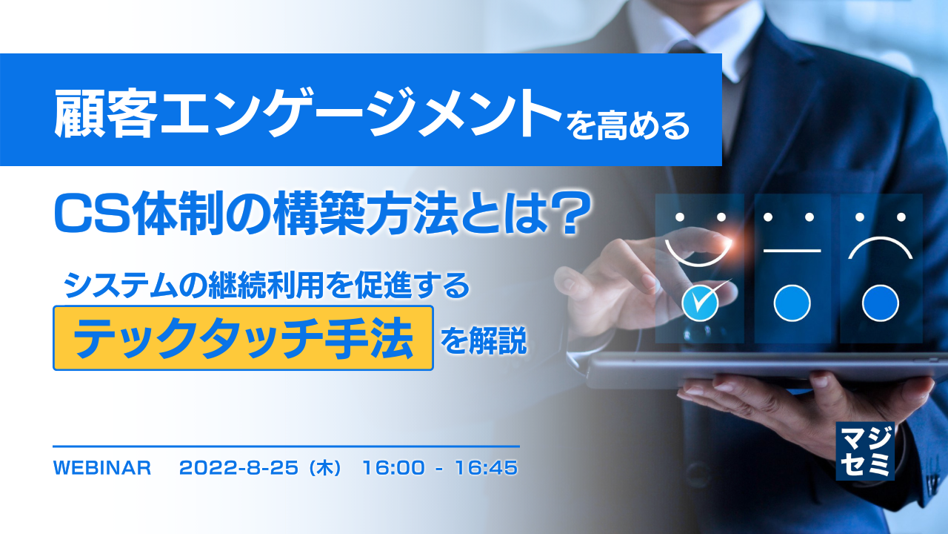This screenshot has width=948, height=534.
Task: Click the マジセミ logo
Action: click(864, 451)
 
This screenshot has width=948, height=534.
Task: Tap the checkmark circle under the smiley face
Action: click(701, 303)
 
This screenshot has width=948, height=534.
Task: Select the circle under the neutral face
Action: click(792, 303)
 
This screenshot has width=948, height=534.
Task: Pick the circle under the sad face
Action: click(881, 303)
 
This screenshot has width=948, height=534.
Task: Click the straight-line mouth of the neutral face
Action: click(792, 251)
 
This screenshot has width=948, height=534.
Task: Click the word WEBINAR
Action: click(103, 469)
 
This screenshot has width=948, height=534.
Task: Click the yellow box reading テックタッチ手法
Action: click(243, 338)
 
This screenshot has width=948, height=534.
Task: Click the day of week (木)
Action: click(325, 469)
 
